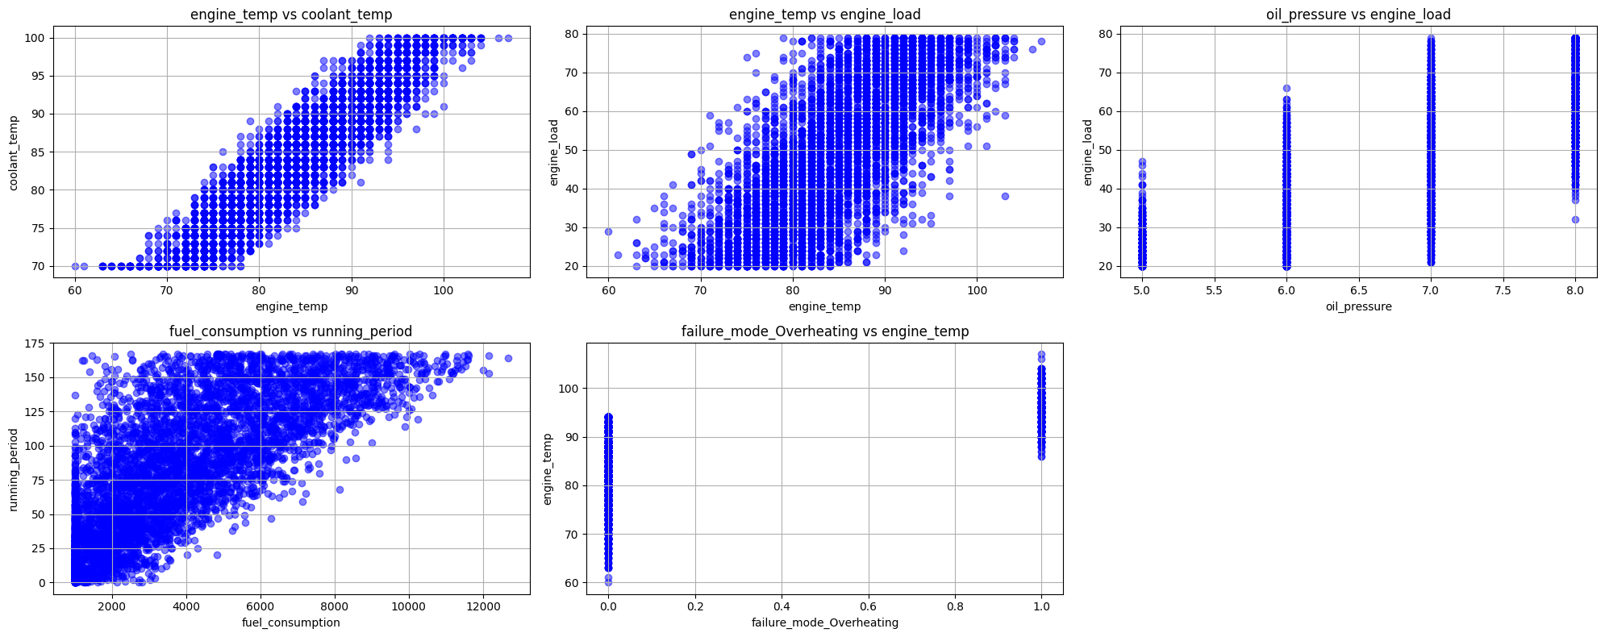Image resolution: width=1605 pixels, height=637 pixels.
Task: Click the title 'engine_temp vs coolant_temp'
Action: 291,15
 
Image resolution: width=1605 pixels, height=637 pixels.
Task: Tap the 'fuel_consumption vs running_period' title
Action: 291,331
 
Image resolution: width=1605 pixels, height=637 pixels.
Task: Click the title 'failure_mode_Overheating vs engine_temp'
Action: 825,331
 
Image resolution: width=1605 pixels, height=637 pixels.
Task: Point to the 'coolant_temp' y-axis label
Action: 15,152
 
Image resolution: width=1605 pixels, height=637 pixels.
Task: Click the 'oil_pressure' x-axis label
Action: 1359,306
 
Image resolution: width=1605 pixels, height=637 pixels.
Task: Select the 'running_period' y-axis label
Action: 15,469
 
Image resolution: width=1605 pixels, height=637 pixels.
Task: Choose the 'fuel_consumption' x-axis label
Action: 291,622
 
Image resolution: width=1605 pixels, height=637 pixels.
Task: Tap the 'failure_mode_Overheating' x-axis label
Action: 825,622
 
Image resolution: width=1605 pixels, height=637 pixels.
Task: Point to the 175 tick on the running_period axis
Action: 34,344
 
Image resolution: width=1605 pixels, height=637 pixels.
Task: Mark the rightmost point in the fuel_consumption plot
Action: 508,358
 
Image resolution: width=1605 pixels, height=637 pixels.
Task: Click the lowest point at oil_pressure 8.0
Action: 1575,219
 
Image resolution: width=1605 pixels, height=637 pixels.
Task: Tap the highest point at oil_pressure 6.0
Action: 1286,88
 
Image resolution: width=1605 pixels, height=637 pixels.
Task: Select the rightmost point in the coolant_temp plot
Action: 508,38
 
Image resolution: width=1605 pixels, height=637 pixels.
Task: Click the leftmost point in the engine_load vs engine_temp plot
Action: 608,231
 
